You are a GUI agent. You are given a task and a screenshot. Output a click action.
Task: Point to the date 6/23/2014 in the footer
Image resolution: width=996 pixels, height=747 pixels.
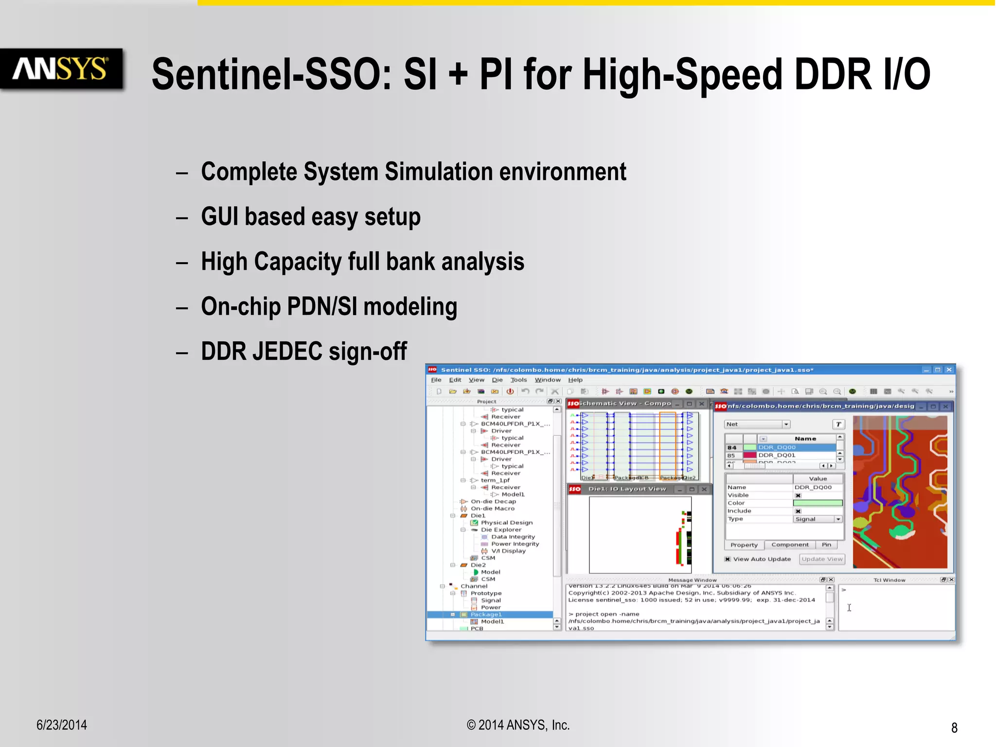coord(62,725)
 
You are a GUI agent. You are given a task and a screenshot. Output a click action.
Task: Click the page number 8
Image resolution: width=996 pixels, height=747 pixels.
coord(954,728)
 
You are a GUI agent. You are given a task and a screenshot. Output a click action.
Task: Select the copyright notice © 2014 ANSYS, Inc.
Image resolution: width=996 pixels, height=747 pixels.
coord(518,725)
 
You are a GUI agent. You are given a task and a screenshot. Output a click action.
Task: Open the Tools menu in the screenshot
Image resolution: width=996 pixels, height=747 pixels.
coord(518,380)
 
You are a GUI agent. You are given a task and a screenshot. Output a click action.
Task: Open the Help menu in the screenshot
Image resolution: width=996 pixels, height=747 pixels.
coord(575,380)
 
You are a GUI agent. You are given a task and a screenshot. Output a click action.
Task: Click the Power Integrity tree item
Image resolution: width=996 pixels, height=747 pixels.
coord(515,544)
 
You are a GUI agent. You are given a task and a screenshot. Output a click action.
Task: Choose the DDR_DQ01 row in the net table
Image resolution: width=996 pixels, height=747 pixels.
coord(777,455)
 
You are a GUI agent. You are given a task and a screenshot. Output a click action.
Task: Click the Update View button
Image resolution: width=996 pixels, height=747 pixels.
coord(822,559)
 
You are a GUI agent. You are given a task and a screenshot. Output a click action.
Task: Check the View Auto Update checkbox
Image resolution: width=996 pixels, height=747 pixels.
coord(728,559)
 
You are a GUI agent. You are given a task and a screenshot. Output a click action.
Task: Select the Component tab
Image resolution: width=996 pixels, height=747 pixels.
coord(790,545)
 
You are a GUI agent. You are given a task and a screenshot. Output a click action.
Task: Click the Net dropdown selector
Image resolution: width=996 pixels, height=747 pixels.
coord(757,424)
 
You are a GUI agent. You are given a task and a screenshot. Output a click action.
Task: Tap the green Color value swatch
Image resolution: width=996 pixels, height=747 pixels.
coord(818,503)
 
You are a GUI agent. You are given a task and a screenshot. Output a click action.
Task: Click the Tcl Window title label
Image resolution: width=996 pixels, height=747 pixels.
coord(889,580)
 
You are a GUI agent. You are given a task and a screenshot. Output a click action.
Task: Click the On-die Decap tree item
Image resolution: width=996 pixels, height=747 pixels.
coord(493,501)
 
